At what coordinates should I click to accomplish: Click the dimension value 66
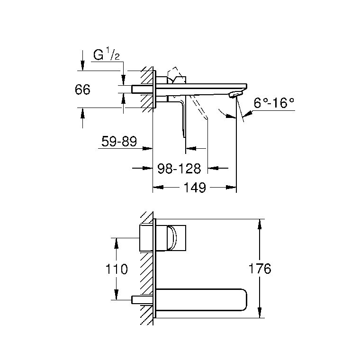(x=82, y=90)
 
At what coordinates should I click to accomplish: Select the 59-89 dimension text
(x=119, y=141)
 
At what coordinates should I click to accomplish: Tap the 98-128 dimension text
(x=179, y=168)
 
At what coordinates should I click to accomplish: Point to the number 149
(x=195, y=188)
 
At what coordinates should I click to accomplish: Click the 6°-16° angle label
(x=274, y=103)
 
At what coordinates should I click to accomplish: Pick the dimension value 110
(x=117, y=269)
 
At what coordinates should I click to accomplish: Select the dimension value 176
(x=260, y=269)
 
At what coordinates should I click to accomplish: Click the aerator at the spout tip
(x=235, y=94)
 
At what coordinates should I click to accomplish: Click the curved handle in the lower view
(x=172, y=238)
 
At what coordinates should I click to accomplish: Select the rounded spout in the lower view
(x=202, y=300)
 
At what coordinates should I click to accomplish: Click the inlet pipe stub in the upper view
(x=142, y=90)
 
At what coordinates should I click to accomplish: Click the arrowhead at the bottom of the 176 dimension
(x=260, y=313)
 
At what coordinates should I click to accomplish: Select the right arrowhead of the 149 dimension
(x=231, y=188)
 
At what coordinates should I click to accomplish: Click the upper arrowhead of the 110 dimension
(x=117, y=243)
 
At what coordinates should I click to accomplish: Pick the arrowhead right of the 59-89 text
(x=147, y=149)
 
